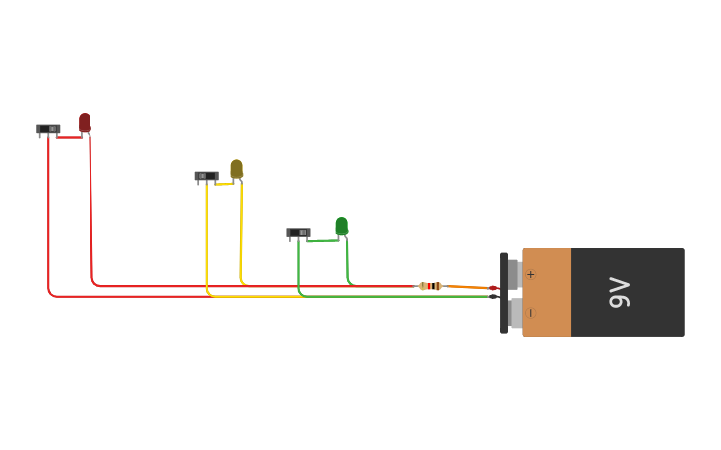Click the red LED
[x=85, y=122]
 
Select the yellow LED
[x=237, y=169]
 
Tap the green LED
[x=342, y=225]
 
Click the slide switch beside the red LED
[x=48, y=129]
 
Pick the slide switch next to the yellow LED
[x=207, y=176]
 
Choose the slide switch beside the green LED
[x=299, y=232]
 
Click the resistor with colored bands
[x=430, y=286]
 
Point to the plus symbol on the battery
[x=531, y=274]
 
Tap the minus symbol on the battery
[x=531, y=313]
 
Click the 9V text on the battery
[x=619, y=292]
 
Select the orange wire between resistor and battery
[x=467, y=287]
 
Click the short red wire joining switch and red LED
[x=69, y=137]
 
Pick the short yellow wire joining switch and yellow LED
[x=224, y=184]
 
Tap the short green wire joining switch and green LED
[x=323, y=240]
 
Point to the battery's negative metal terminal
[x=515, y=313]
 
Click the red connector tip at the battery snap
[x=494, y=288]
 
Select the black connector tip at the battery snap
[x=494, y=297]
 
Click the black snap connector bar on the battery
[x=504, y=293]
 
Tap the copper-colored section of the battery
[x=547, y=292]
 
